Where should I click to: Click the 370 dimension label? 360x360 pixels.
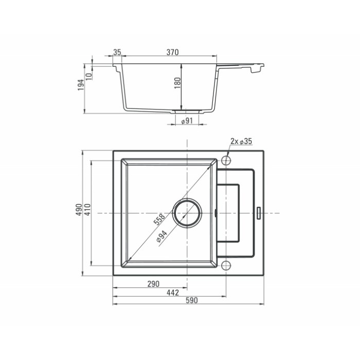click(x=172, y=52)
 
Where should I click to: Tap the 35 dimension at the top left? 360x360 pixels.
click(x=117, y=52)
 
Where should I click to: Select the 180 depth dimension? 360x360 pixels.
click(x=177, y=83)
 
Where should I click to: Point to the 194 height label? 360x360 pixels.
click(x=81, y=85)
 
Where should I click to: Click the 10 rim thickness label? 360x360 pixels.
click(x=89, y=76)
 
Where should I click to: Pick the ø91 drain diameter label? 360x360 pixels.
click(x=187, y=120)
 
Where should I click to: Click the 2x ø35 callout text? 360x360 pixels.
click(x=241, y=141)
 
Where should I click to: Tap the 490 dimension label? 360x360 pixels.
click(x=79, y=209)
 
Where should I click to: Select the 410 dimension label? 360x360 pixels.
click(x=88, y=209)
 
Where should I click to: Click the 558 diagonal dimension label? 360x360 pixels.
click(x=159, y=220)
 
